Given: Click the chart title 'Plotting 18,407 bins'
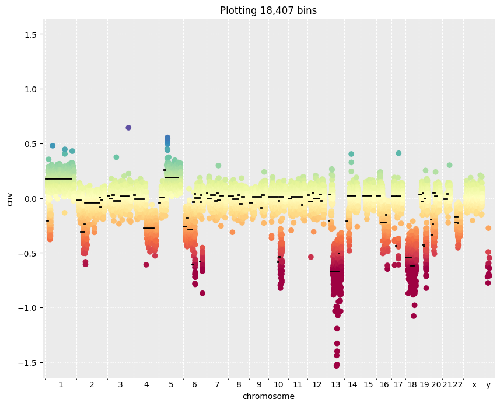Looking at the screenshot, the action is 268,10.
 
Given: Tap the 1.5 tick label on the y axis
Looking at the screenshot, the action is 30,34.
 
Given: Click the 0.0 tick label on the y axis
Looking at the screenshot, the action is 30,199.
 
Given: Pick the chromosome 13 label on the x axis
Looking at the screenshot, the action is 336,384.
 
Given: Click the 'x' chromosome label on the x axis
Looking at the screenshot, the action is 474,385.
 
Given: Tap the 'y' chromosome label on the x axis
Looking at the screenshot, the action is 488,385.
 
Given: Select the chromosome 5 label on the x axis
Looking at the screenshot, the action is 171,384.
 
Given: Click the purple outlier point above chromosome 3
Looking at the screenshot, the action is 128,128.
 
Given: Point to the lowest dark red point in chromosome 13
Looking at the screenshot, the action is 337,365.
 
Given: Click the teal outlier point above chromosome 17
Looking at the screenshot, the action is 398,153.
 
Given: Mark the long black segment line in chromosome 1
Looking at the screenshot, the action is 59,178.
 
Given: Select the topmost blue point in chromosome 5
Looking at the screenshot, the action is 167,138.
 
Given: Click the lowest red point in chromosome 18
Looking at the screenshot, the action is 414,316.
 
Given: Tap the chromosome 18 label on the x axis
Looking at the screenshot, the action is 412,384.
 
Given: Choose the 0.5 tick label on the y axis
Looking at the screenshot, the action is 30,144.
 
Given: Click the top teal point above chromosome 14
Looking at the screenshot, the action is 351,154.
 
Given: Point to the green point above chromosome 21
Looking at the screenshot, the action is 450,165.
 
